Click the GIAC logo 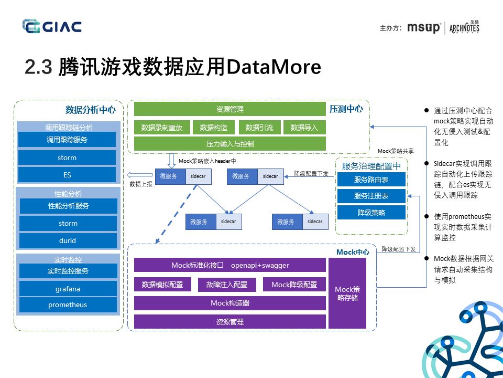51,26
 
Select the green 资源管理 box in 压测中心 229,109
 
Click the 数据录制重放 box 162,128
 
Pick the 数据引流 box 260,128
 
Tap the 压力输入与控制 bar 229,143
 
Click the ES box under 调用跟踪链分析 67,174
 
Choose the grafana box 68,289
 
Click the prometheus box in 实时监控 68,304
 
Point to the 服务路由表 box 371,180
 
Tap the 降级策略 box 371,213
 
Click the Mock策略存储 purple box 347,293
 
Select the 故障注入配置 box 227,285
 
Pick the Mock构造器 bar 229,303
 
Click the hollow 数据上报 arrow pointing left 138,175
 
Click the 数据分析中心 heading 90,110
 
